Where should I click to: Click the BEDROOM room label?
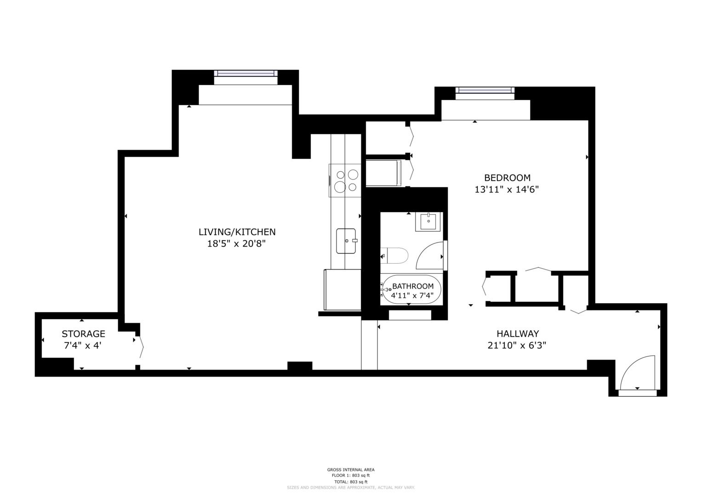[507, 178]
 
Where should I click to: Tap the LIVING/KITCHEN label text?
[237, 232]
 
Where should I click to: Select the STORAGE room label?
[83, 334]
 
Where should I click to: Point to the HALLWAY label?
[518, 333]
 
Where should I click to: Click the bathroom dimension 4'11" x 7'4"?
[412, 295]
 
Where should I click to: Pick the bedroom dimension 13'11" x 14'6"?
[507, 189]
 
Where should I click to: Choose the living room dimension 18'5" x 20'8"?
[236, 243]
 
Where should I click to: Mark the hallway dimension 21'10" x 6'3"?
[517, 345]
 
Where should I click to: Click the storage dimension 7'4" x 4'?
[83, 346]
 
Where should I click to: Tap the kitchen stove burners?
[346, 180]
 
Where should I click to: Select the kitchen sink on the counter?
[346, 241]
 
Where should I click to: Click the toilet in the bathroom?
[394, 255]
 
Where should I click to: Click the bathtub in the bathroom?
[411, 289]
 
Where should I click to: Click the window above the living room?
[245, 73]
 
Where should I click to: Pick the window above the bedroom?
[485, 90]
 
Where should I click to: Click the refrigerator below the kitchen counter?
[342, 290]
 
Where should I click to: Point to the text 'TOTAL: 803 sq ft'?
[351, 482]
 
